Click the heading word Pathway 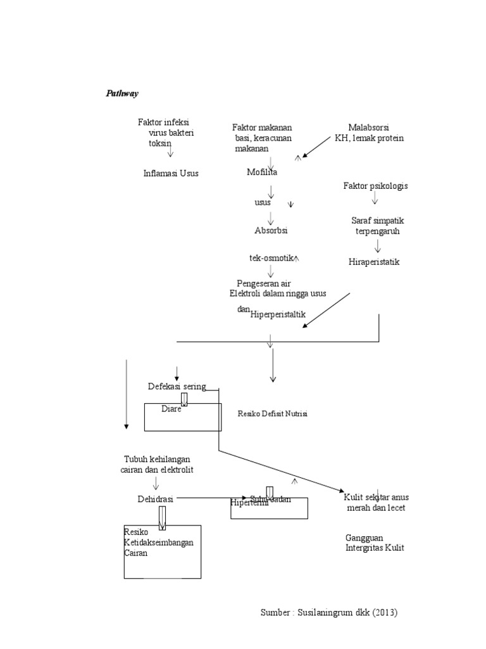click(x=121, y=93)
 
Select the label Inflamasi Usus click(x=171, y=173)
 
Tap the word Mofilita click(x=262, y=172)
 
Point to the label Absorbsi click(x=271, y=231)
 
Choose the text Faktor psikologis click(x=375, y=186)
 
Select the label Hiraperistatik click(x=374, y=262)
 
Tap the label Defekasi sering click(x=177, y=387)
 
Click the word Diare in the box click(x=171, y=409)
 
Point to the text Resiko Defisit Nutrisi click(x=272, y=414)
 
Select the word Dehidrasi click(x=156, y=499)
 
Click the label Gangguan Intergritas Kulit click(x=375, y=543)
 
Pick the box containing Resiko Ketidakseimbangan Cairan click(x=163, y=551)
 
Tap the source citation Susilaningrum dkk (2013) click(x=329, y=613)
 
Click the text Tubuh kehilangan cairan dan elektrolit click(x=156, y=464)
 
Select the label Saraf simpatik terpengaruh click(x=377, y=226)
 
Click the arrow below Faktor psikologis click(x=375, y=198)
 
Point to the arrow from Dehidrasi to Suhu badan click(x=209, y=498)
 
